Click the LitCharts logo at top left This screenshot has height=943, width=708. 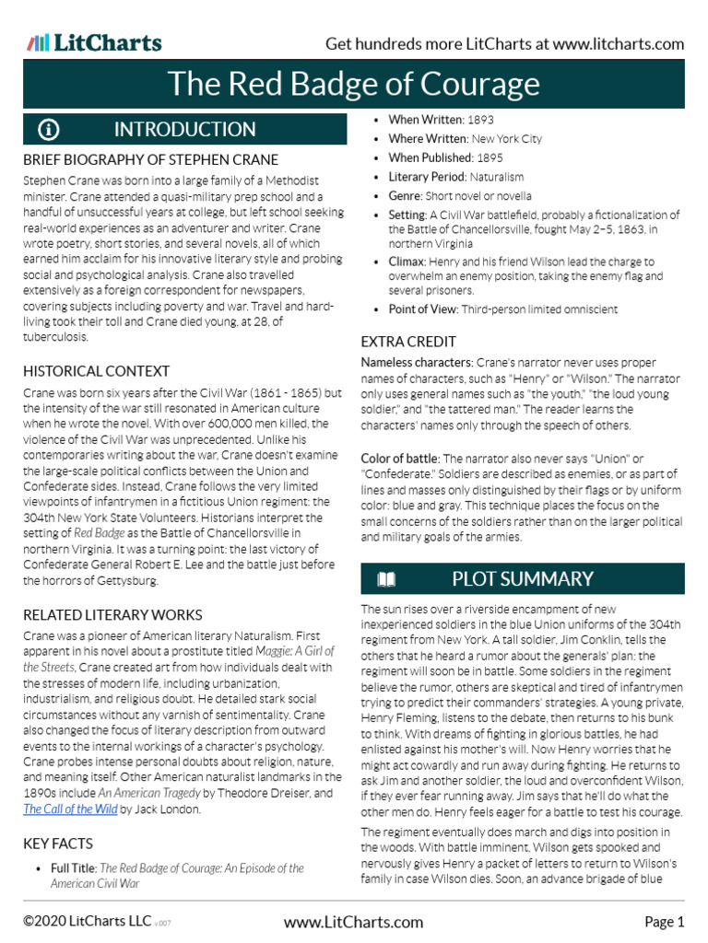coord(94,42)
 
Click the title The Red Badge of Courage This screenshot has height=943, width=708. coord(353,85)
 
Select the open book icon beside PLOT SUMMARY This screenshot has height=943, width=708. coord(386,579)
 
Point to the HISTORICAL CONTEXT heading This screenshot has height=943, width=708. coord(96,371)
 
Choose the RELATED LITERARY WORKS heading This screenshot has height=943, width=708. coord(112,614)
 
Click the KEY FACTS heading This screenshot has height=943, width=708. coord(57,844)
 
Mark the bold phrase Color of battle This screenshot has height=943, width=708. coord(400,458)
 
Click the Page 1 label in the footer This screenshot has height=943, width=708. coord(664,922)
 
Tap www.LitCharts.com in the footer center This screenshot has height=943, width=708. coord(354,922)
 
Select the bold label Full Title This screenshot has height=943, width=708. coord(73,868)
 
